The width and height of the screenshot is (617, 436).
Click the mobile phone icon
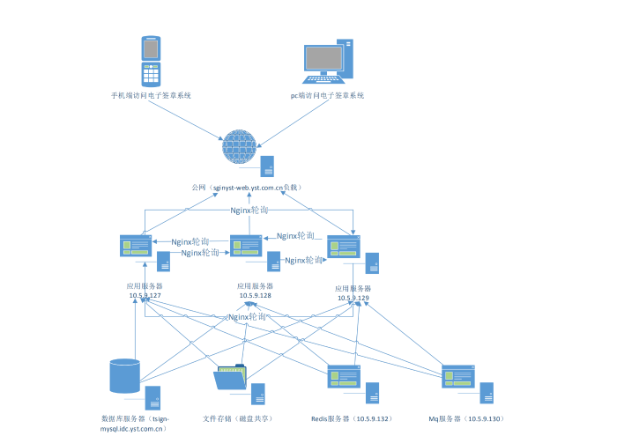point(150,61)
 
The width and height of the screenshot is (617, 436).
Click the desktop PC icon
point(327,62)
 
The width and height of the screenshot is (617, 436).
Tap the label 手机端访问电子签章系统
point(151,95)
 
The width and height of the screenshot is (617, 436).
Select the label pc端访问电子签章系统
point(328,95)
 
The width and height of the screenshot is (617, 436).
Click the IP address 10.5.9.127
point(145,295)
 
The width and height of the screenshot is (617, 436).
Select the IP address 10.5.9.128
point(255,295)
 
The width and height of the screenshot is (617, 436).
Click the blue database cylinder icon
point(123,375)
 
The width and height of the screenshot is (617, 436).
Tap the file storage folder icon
point(230,378)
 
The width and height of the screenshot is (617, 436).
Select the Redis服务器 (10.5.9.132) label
point(350,418)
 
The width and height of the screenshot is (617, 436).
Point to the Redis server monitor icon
point(344,376)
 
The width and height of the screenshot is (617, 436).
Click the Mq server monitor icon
point(458,376)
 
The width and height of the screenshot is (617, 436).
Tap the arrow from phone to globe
point(190,119)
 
